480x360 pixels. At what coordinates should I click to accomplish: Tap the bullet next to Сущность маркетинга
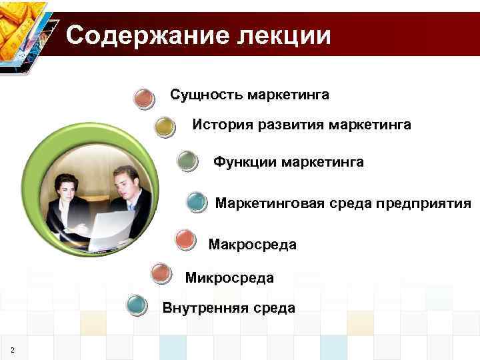(145, 98)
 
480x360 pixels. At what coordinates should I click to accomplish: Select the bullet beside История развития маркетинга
(165, 127)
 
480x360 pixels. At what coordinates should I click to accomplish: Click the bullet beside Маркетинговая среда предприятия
(197, 201)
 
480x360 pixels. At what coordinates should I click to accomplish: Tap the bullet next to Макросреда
(185, 239)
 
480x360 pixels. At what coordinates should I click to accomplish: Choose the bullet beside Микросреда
(161, 273)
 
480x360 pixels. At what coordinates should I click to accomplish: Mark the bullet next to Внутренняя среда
(137, 305)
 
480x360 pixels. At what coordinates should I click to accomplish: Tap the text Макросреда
(252, 245)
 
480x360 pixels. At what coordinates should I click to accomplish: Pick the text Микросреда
(229, 277)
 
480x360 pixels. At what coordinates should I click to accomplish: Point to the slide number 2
(13, 351)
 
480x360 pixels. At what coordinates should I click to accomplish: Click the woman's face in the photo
(67, 188)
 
